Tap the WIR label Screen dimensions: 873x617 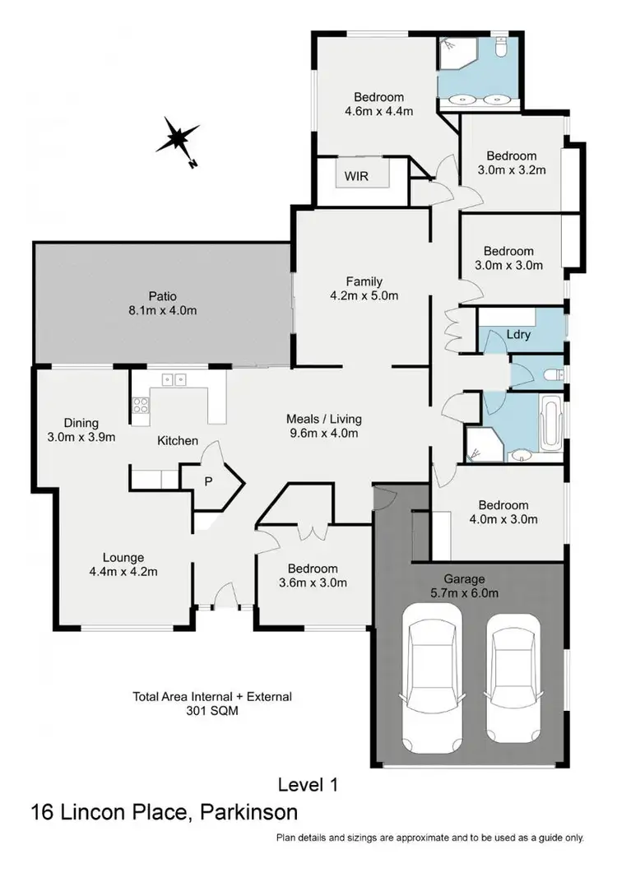point(356,176)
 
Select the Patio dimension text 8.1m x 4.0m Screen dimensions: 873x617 point(163,310)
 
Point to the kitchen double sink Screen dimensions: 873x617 point(174,379)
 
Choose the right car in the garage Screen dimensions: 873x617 point(513,676)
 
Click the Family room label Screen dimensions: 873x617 point(364,282)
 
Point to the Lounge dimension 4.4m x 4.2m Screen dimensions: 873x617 point(124,571)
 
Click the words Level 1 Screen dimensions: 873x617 point(308,783)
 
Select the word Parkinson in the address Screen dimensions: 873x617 point(249,813)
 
